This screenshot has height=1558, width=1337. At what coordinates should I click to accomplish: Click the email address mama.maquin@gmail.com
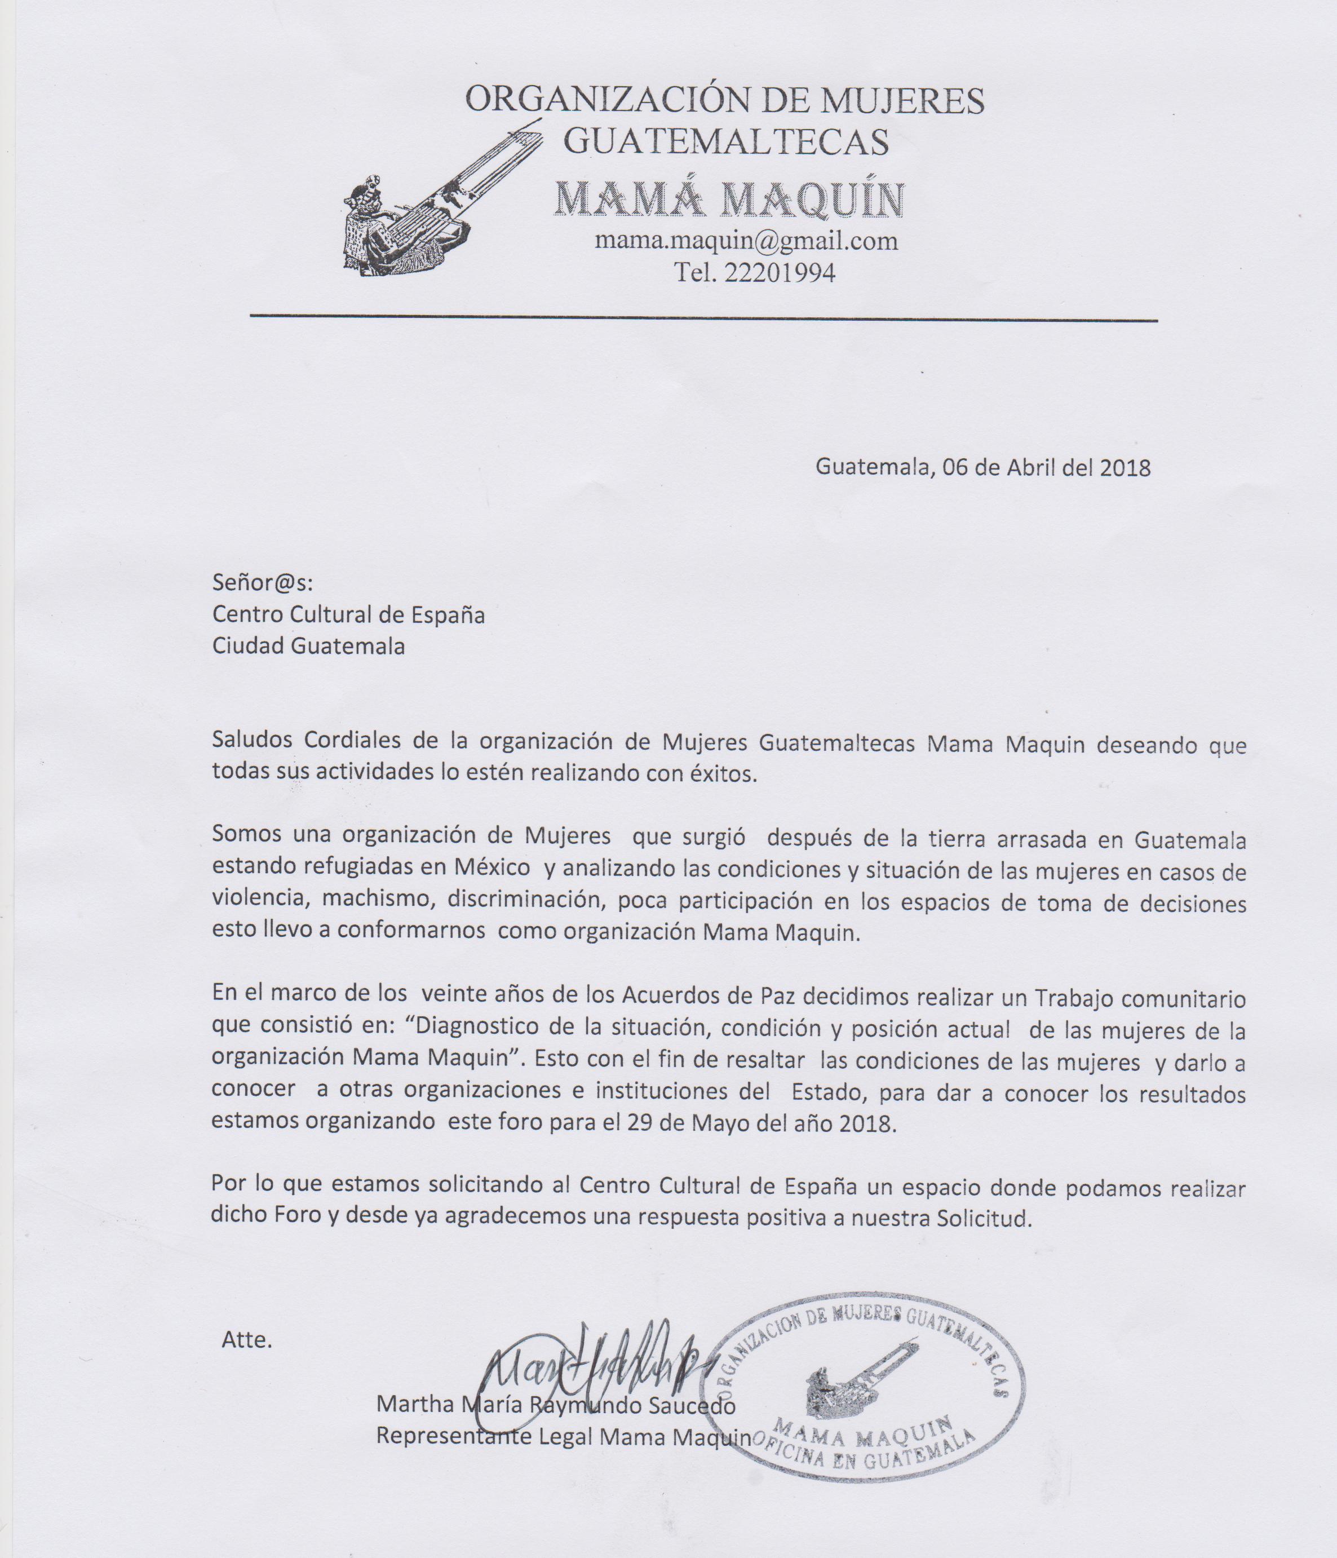[x=746, y=241]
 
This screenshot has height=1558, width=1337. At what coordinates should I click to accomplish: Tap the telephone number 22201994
[x=780, y=273]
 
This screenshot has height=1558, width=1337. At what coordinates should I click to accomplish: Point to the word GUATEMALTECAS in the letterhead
[x=725, y=140]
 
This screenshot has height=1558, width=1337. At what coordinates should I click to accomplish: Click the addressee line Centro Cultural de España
[x=348, y=614]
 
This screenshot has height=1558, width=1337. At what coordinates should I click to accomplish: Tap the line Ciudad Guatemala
[x=308, y=646]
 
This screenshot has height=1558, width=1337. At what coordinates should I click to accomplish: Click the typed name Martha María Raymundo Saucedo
[x=555, y=1404]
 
